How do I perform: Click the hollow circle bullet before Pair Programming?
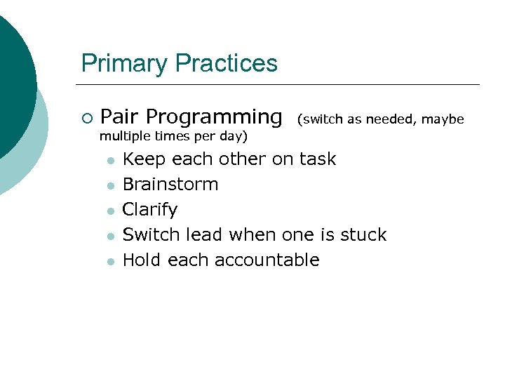[x=86, y=117]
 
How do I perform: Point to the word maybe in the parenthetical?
[x=443, y=119]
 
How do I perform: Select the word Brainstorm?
[x=170, y=185]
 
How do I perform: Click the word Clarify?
[x=150, y=210]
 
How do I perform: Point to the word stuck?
[x=363, y=234]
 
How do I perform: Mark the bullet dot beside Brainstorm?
[x=110, y=186]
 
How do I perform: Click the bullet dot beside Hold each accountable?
[x=110, y=262]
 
